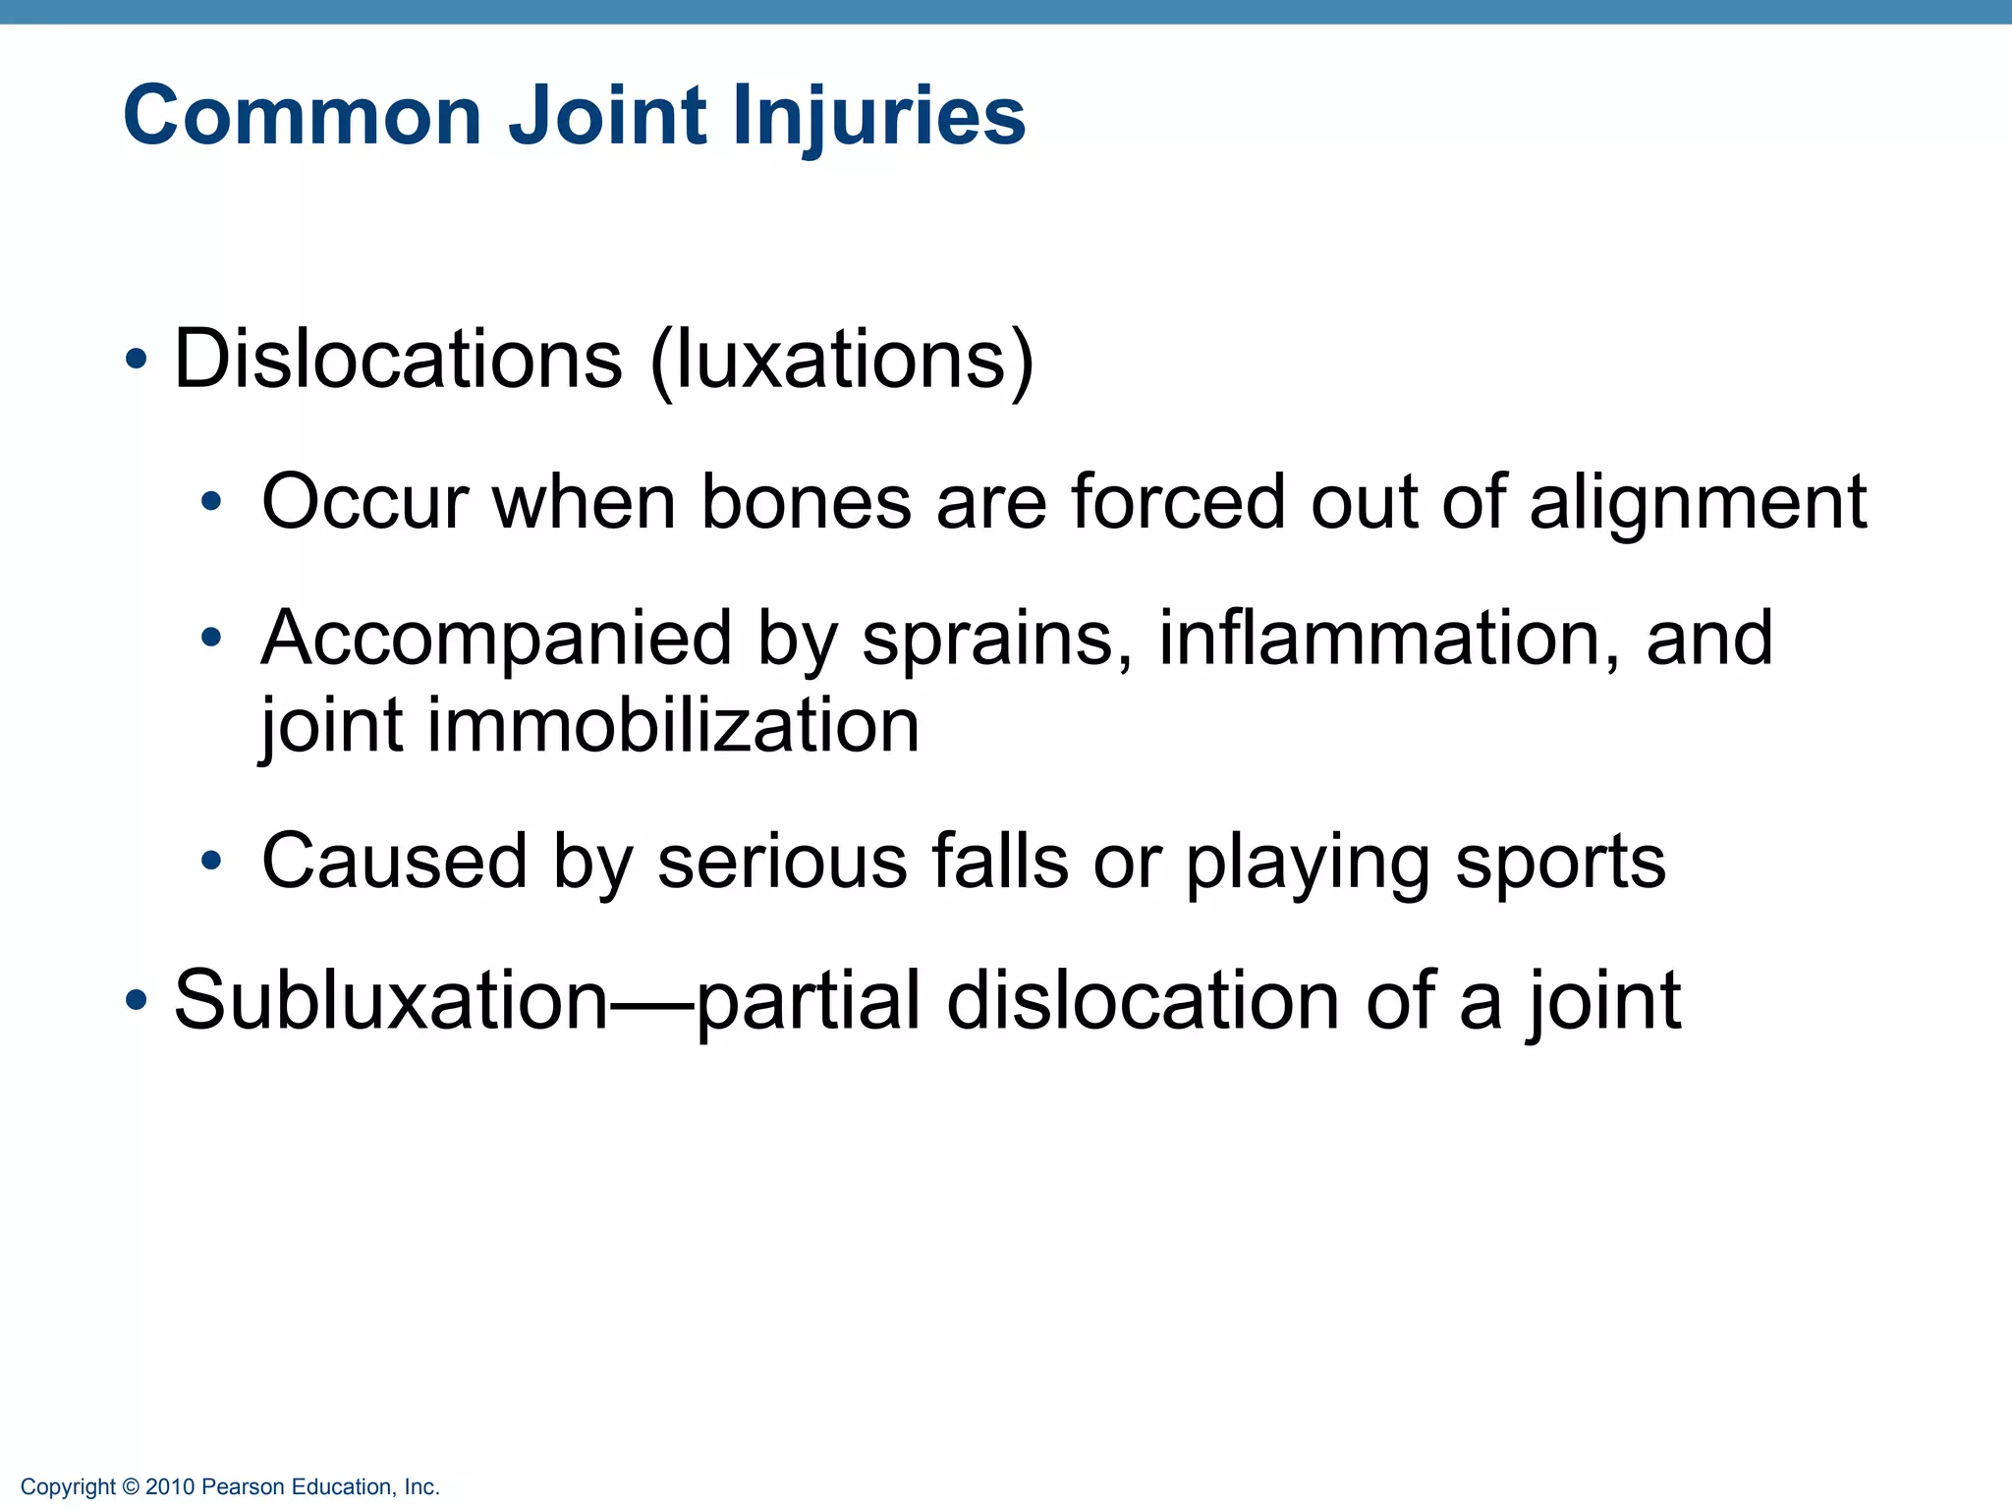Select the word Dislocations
[x=398, y=360]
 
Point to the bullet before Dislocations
[x=137, y=361]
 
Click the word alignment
[x=1698, y=503]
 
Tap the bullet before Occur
[x=211, y=504]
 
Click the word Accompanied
[x=496, y=640]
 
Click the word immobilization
[x=673, y=726]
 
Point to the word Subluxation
[x=391, y=1001]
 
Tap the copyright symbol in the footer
[x=131, y=1487]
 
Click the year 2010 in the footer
[x=170, y=1487]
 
